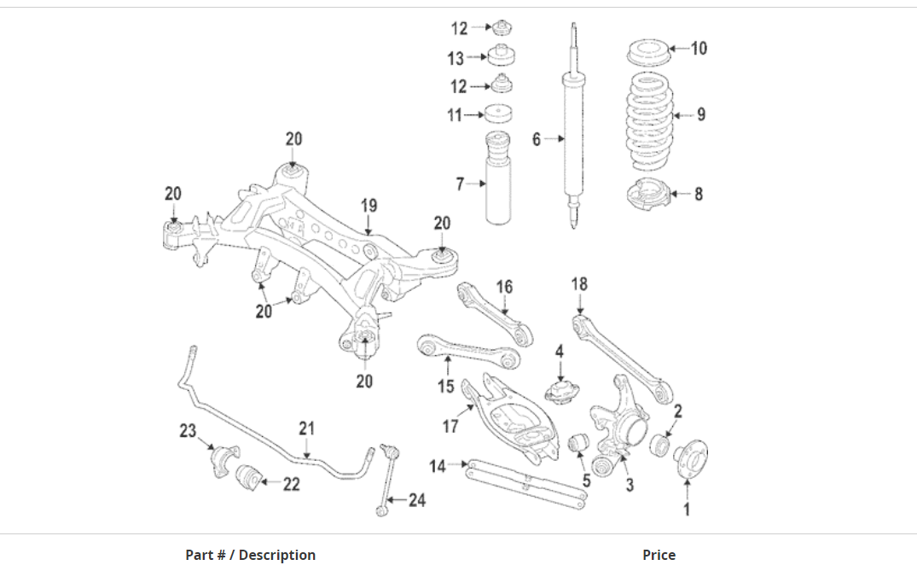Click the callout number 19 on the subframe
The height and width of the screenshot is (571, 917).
pos(369,205)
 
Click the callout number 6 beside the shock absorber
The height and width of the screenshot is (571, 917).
pos(537,138)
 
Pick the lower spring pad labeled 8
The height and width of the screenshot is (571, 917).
pos(647,194)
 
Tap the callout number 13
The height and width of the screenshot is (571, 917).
pos(456,58)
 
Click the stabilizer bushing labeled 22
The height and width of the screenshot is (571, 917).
pos(248,478)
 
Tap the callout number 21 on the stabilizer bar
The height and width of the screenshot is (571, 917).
pos(307,428)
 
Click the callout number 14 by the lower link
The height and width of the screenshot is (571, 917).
pos(438,466)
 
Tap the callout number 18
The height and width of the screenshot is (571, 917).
pos(579,283)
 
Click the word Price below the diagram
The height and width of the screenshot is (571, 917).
pos(659,555)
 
